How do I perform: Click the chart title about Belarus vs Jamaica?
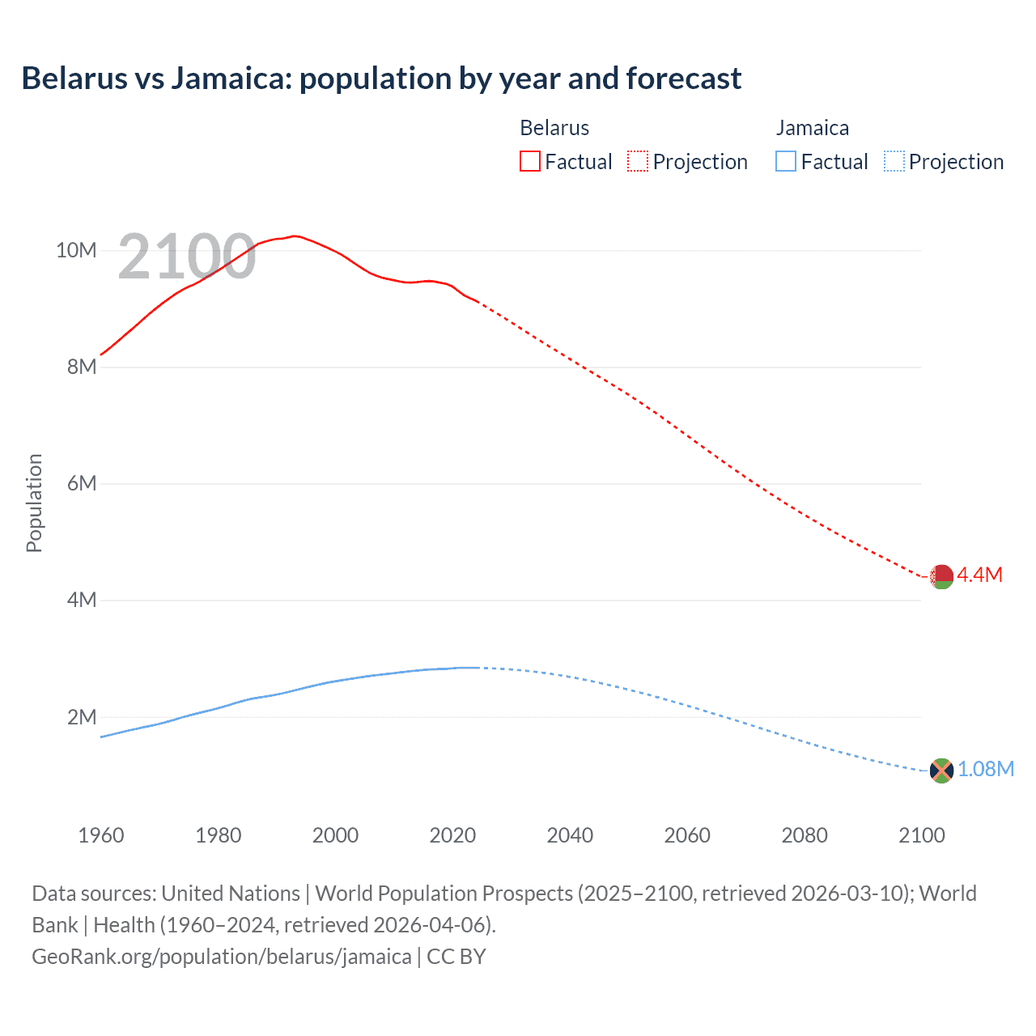pyautogui.click(x=381, y=79)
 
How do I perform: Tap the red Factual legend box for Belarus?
pyautogui.click(x=529, y=161)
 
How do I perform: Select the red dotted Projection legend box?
pyautogui.click(x=638, y=161)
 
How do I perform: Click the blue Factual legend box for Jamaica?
pyautogui.click(x=786, y=161)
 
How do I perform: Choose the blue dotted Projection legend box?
pyautogui.click(x=894, y=161)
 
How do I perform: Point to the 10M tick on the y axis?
pyautogui.click(x=76, y=250)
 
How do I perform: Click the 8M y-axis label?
pyautogui.click(x=82, y=367)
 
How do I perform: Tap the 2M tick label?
pyautogui.click(x=82, y=717)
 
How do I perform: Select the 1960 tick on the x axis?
pyautogui.click(x=101, y=835)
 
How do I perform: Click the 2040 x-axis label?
pyautogui.click(x=570, y=835)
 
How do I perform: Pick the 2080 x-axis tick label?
pyautogui.click(x=805, y=835)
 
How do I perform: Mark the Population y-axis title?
pyautogui.click(x=34, y=503)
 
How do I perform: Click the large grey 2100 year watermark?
pyautogui.click(x=187, y=257)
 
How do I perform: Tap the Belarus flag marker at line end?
pyautogui.click(x=941, y=577)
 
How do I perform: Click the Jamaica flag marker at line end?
pyautogui.click(x=941, y=771)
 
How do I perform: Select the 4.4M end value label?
pyautogui.click(x=980, y=575)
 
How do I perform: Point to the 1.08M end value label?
pyautogui.click(x=986, y=769)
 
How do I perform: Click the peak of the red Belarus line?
pyautogui.click(x=295, y=236)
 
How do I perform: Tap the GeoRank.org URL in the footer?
pyautogui.click(x=221, y=957)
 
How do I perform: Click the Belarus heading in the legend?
pyautogui.click(x=554, y=128)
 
